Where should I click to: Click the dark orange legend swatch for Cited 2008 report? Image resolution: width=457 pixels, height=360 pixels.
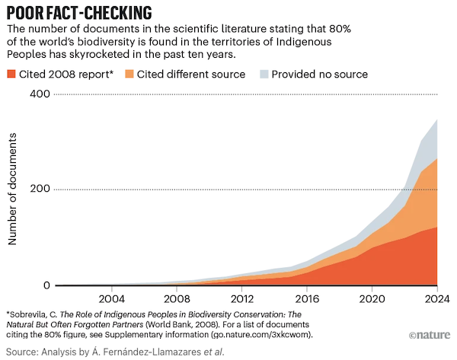click(12, 74)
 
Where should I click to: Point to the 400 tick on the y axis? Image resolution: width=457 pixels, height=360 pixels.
click(40, 94)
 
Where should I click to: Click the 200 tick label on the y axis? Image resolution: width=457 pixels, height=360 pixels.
click(40, 189)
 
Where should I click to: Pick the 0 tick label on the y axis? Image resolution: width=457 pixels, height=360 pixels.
click(46, 285)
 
